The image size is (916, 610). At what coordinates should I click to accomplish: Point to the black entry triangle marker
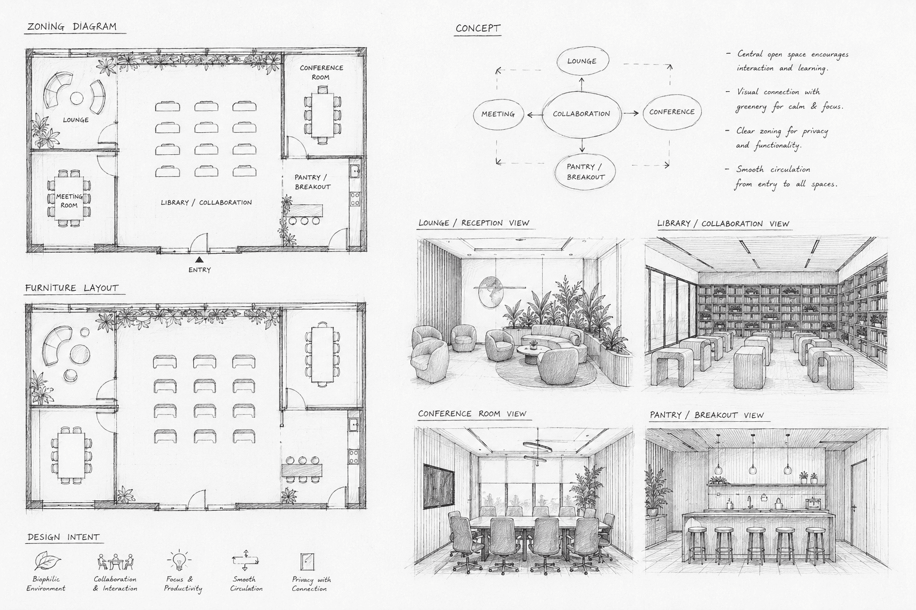coord(199,260)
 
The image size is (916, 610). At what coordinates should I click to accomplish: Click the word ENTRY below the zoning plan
coord(200,270)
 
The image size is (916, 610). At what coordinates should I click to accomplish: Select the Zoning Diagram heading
coord(72,27)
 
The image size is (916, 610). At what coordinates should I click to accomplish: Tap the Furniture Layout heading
coord(72,288)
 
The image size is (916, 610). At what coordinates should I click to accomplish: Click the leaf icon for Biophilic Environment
coord(47,561)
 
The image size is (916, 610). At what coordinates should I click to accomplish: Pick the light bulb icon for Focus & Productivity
coord(179,560)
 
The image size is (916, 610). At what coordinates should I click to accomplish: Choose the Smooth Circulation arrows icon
coord(245,560)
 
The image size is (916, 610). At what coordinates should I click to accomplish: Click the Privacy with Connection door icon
coord(307,562)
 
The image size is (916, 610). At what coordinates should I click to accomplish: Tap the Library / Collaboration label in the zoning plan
coord(206,203)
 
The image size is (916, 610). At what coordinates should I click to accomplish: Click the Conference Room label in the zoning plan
coord(321,72)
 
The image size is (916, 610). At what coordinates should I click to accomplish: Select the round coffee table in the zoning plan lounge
coord(76,98)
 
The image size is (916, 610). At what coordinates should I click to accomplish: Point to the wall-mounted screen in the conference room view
coord(438,486)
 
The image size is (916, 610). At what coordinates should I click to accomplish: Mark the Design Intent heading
coord(63,537)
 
